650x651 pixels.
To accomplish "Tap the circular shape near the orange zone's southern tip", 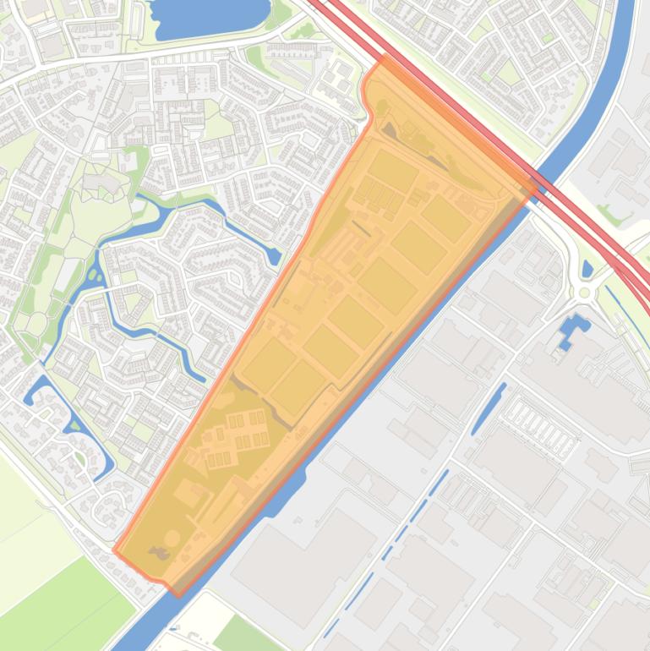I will pos(172,538).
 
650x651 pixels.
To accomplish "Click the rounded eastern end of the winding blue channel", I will pos(274,254).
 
